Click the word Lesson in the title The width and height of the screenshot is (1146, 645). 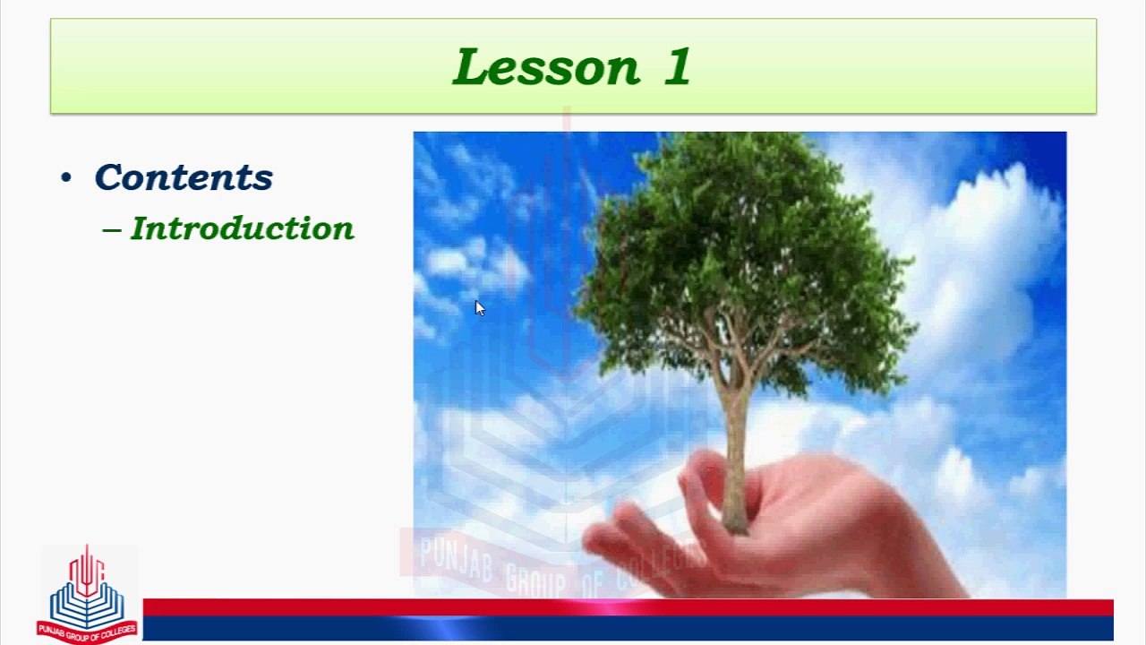(546, 66)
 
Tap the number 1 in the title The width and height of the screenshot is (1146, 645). (679, 66)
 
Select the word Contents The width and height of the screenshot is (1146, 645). (184, 177)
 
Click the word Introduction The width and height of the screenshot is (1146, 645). (243, 228)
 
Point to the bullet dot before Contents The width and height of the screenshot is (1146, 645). (66, 177)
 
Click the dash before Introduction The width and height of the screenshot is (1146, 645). (112, 230)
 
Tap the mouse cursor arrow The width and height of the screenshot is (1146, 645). (479, 308)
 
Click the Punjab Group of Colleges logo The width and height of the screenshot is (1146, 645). (87, 594)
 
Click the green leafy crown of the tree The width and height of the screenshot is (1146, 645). (742, 256)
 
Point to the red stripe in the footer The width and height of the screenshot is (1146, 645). (629, 607)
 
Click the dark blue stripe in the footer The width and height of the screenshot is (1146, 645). (629, 628)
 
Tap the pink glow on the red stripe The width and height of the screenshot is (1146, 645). (606, 607)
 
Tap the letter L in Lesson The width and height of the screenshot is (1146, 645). (471, 66)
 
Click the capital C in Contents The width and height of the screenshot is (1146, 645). (109, 177)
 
